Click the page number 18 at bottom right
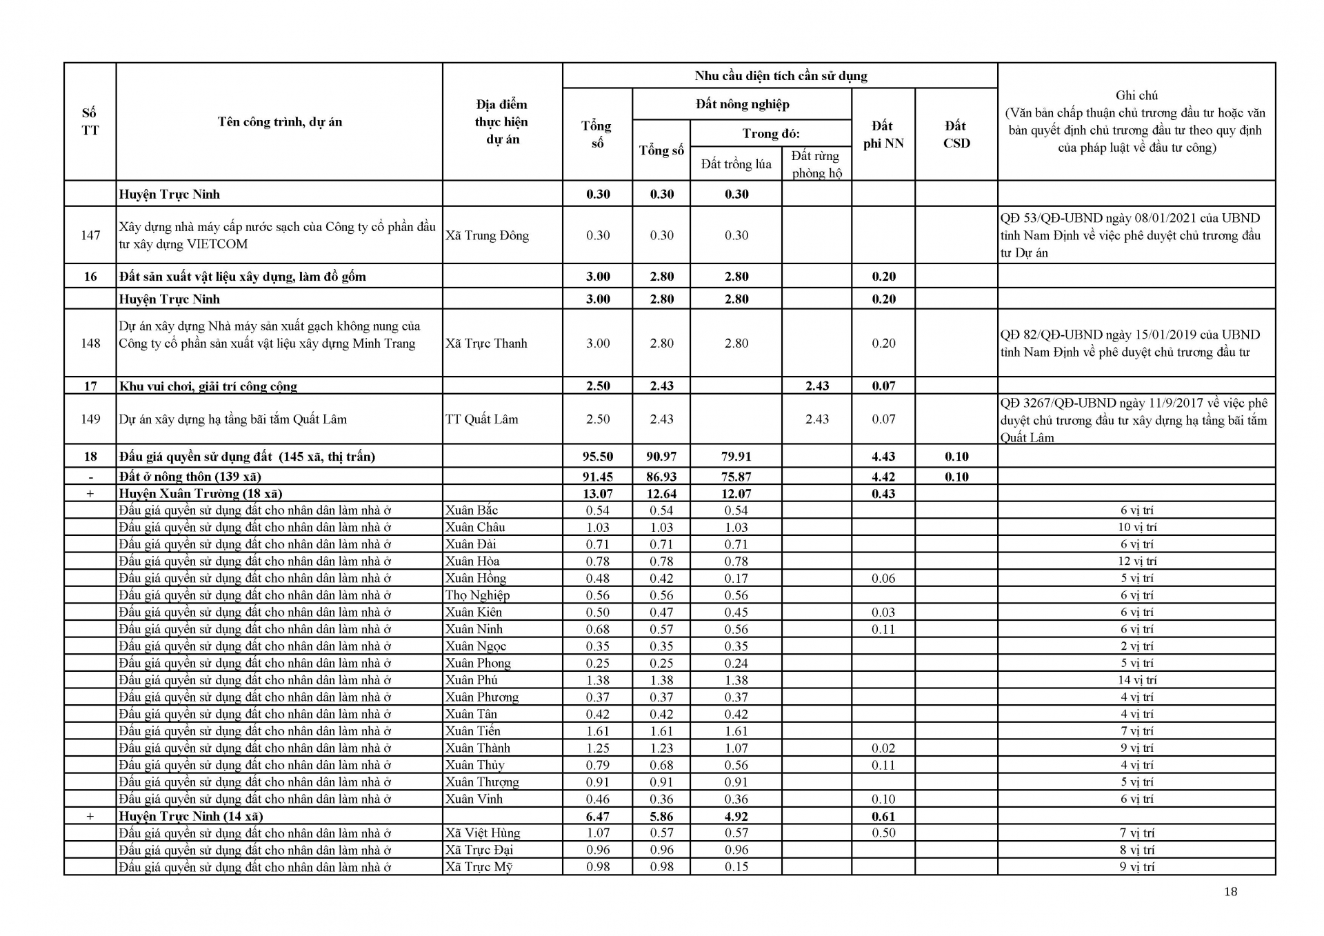click(x=1230, y=891)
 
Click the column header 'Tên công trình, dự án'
click(x=280, y=122)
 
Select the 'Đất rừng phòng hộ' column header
click(x=816, y=164)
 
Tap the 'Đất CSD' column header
click(x=956, y=135)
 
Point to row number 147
click(x=90, y=235)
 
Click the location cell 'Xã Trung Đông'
click(x=487, y=235)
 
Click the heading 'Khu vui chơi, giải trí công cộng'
click(x=208, y=386)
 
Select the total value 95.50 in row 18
click(x=598, y=456)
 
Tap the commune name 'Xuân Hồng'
click(x=475, y=578)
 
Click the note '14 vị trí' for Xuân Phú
click(x=1136, y=680)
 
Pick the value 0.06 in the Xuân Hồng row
click(x=883, y=578)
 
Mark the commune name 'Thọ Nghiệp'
click(x=477, y=595)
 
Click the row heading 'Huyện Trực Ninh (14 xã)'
click(x=191, y=816)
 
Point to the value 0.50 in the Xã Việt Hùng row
click(x=883, y=833)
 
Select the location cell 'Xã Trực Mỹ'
click(x=479, y=867)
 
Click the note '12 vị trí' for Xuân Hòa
click(x=1136, y=561)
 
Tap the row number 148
click(x=90, y=343)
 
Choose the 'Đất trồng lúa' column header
click(x=736, y=164)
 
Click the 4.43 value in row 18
click(x=883, y=456)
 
